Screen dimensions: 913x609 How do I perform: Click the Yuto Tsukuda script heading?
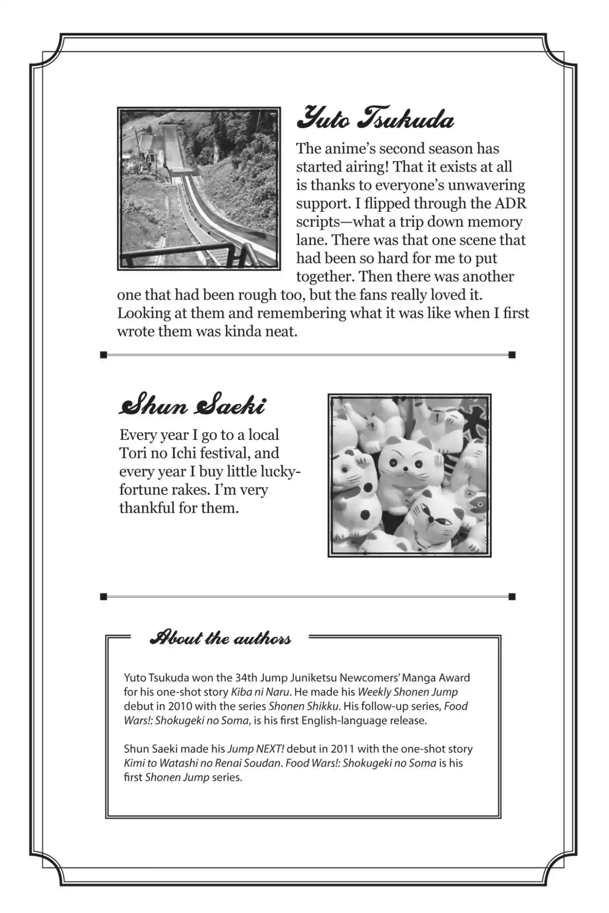pos(375,119)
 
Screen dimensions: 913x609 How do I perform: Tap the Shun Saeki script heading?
pos(192,405)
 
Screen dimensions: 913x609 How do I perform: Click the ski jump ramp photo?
pos(199,189)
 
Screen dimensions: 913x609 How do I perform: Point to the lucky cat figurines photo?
pos(409,475)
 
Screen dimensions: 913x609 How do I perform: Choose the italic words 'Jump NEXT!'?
pos(256,749)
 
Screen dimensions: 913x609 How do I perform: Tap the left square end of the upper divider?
pos(104,355)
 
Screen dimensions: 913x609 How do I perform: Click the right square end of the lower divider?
pos(512,596)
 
